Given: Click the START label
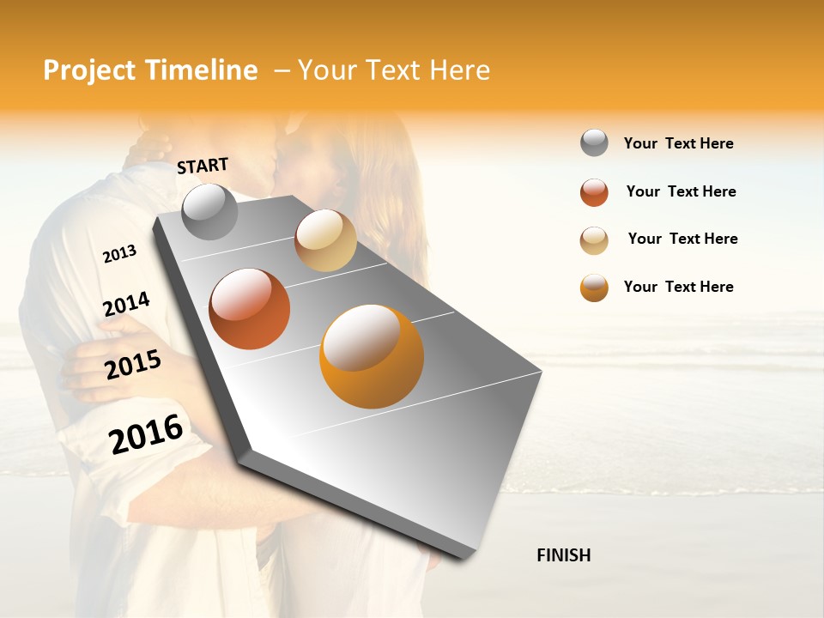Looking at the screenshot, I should coord(203,165).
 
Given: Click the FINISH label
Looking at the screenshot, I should coord(563,555).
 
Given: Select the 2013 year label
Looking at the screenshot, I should coord(119,254).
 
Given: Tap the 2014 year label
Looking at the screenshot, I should coord(126,304).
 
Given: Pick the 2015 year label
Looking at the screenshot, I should coord(133,365).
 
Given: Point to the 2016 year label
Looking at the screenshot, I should coord(146,433).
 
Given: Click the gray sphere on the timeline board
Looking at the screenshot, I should coord(209,212).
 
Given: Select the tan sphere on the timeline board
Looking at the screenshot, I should coord(325,240).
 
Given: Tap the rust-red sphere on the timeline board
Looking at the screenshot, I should coord(250,309).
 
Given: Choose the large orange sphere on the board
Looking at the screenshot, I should coord(372,356).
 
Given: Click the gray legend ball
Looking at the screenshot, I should coord(594,142).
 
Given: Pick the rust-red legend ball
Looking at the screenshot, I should coord(594,192).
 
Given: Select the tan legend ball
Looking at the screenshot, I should coord(594,240).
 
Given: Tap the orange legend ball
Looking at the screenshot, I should coord(594,288).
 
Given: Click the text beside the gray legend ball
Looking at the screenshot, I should coord(678,143).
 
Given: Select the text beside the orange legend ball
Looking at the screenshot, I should coord(678,287).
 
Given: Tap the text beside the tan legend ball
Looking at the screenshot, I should coord(682,239).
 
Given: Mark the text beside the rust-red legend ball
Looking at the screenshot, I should coord(681,191).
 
